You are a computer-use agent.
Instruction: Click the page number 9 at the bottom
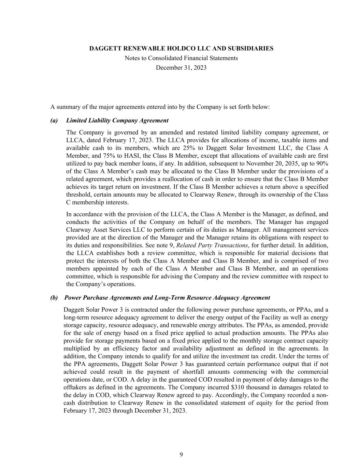(181, 454)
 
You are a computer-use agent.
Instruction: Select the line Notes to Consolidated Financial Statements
(181, 58)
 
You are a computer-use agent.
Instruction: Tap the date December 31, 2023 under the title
(181, 68)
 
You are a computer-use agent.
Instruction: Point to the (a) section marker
(54, 121)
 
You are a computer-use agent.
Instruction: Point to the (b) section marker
(54, 298)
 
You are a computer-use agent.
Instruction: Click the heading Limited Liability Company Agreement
(117, 121)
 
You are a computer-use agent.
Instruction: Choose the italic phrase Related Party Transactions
(212, 245)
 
